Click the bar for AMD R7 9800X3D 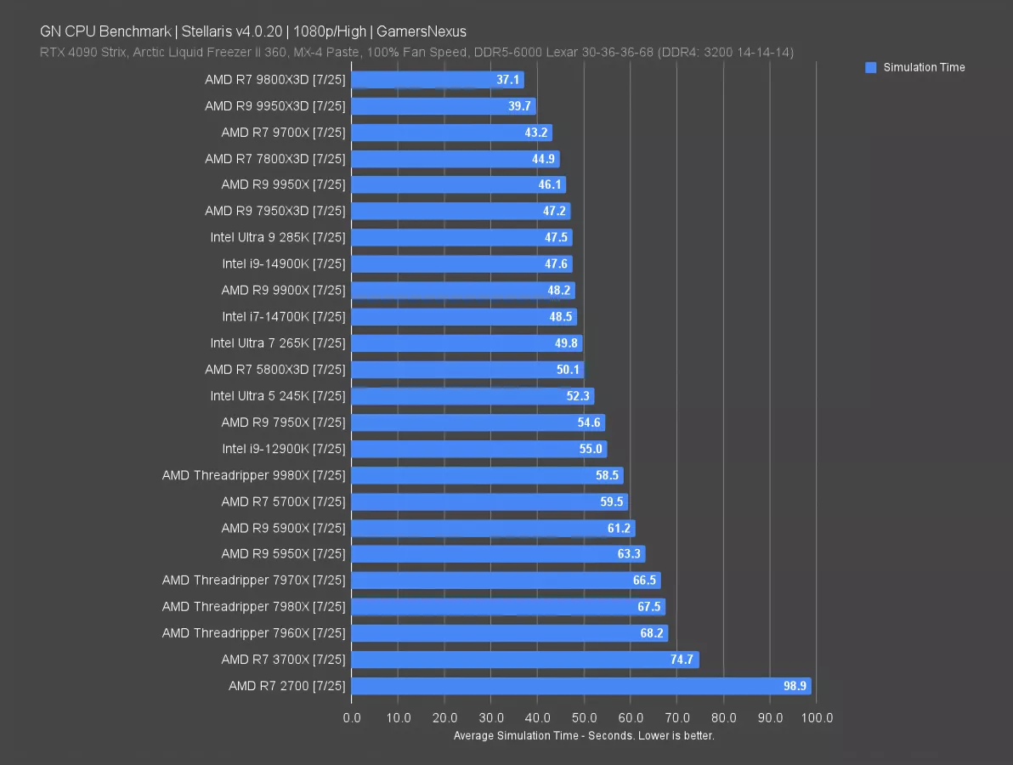click(x=437, y=80)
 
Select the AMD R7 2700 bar click(x=580, y=686)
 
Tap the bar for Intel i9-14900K click(x=461, y=264)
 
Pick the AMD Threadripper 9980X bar click(x=487, y=475)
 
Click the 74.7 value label click(x=683, y=660)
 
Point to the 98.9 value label click(x=795, y=686)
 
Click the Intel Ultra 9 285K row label click(x=278, y=238)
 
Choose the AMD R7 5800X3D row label click(x=275, y=370)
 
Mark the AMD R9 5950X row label click(x=283, y=554)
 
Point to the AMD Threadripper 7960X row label click(x=254, y=633)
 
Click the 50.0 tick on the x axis click(x=584, y=718)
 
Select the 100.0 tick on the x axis click(x=817, y=718)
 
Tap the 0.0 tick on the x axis click(x=352, y=718)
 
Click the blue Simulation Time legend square click(x=870, y=68)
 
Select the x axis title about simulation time click(x=584, y=735)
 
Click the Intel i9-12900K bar click(x=478, y=449)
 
